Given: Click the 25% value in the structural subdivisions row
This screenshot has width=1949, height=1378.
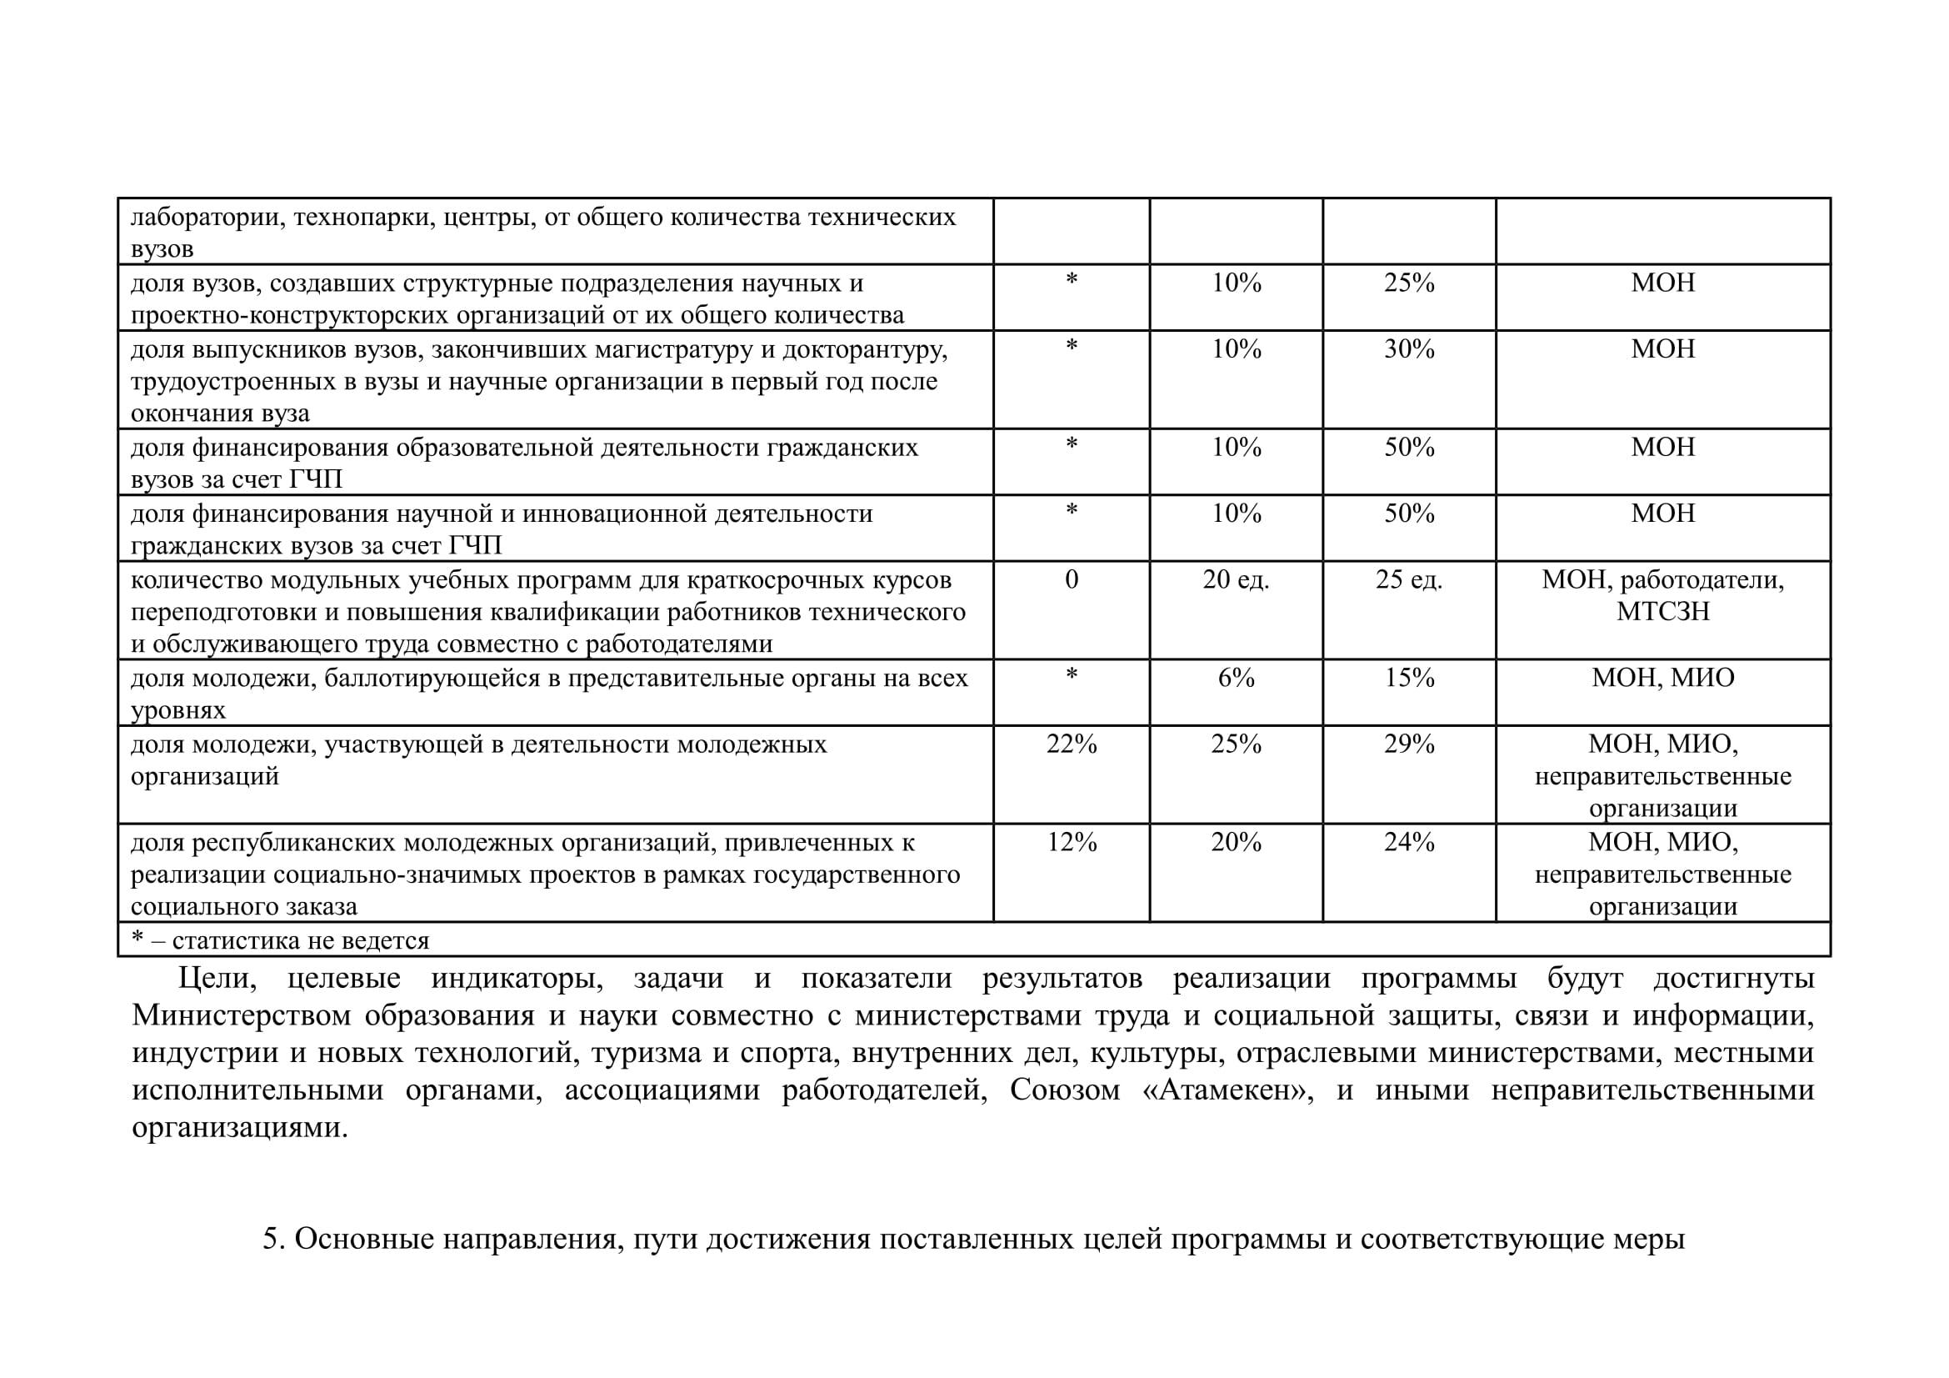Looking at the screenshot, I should click(1408, 283).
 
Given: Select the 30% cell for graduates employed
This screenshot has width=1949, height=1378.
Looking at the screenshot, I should click(1408, 349).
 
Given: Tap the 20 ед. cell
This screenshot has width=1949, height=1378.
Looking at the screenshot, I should click(1235, 580).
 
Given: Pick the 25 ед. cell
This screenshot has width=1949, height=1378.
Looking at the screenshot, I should click(1408, 580).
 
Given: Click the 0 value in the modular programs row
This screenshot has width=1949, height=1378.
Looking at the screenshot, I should click(1072, 580).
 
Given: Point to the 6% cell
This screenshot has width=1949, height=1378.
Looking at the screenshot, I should click(1235, 679).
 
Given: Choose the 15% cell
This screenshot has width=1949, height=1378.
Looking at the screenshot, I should click(1408, 679).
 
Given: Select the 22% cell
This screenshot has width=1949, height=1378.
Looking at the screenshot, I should click(1072, 744).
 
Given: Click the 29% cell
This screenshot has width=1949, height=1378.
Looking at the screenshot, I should click(1408, 744).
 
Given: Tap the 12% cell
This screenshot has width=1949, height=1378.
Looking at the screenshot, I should click(1072, 843).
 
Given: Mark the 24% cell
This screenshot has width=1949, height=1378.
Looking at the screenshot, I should click(1408, 843).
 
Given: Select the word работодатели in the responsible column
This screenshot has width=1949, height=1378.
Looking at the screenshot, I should click(1702, 581).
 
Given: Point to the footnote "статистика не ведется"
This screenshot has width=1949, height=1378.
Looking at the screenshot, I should click(301, 940).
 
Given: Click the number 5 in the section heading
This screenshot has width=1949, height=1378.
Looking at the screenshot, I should click(271, 1240).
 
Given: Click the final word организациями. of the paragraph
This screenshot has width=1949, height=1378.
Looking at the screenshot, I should click(239, 1129).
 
